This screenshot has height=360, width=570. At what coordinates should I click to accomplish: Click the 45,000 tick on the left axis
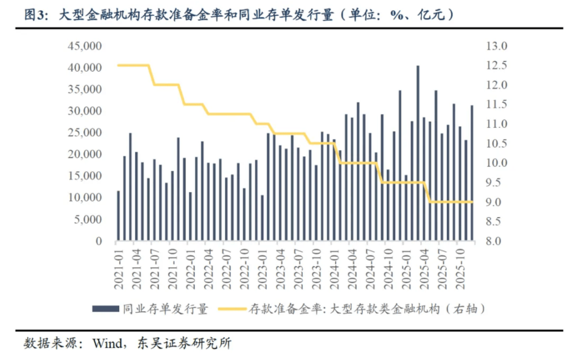click(x=85, y=46)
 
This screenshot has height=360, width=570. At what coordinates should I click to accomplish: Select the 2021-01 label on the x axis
click(x=118, y=268)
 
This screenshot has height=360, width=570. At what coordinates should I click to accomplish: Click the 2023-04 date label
click(x=280, y=268)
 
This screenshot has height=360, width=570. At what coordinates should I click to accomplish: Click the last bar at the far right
click(x=473, y=173)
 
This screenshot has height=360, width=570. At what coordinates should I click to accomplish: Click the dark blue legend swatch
click(x=106, y=309)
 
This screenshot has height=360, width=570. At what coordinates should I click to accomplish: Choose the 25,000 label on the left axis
click(x=85, y=132)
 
